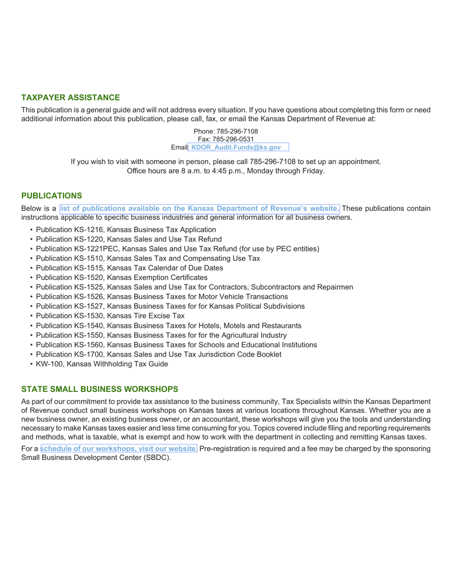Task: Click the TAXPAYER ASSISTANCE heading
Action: click(x=70, y=97)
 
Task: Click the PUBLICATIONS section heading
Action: click(x=51, y=195)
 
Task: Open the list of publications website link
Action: click(x=199, y=208)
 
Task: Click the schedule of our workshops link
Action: click(x=119, y=448)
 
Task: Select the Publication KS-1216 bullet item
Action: click(x=119, y=230)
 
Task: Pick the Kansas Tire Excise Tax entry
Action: click(x=110, y=316)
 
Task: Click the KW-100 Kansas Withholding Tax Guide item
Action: click(x=101, y=364)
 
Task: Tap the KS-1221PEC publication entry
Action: click(x=177, y=249)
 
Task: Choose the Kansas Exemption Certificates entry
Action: click(x=121, y=278)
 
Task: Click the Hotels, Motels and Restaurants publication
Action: click(x=168, y=326)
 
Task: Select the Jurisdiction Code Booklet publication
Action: click(x=158, y=354)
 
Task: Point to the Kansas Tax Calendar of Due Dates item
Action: click(x=129, y=268)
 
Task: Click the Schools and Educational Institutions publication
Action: click(x=176, y=345)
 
